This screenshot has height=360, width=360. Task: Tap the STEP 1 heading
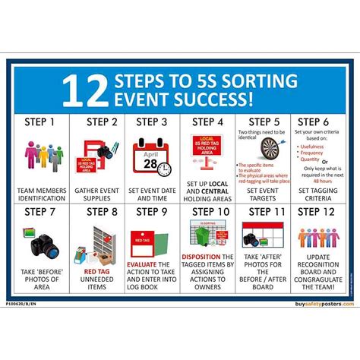click(x=41, y=122)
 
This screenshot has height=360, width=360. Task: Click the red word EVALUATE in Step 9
click(x=141, y=265)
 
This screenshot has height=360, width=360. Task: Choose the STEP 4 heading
click(x=207, y=122)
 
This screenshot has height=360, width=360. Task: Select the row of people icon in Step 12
click(x=318, y=238)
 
